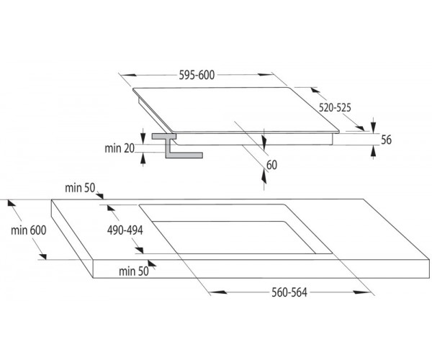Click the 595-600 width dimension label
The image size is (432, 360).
(x=197, y=75)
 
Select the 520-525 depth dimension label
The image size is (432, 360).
(x=335, y=107)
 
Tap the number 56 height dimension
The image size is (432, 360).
(x=386, y=140)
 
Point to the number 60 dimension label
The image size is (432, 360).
(x=271, y=165)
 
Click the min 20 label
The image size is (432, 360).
(x=120, y=148)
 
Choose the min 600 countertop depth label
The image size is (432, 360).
(x=29, y=230)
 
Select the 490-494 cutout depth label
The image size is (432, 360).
(x=125, y=230)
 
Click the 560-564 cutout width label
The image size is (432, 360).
(x=289, y=292)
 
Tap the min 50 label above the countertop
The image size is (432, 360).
(x=80, y=188)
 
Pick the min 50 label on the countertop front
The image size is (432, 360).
(x=134, y=271)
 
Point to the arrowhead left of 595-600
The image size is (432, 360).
(x=128, y=75)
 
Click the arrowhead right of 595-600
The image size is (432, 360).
(x=265, y=74)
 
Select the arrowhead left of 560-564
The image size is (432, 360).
(x=218, y=292)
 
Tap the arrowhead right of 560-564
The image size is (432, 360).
(x=361, y=292)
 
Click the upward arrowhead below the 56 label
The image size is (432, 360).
(x=373, y=152)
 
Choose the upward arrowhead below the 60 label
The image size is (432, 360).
(x=264, y=176)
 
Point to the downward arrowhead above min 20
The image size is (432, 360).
(x=143, y=138)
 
